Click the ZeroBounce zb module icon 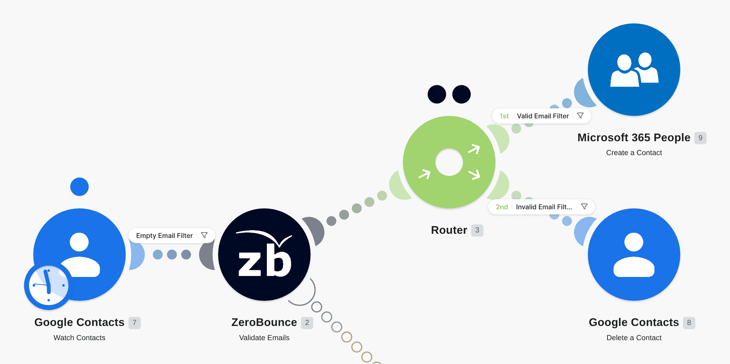264,254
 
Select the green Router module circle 449,162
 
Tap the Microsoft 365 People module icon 634,70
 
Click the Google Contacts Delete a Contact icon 634,254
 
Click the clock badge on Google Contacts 48,286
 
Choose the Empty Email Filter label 164,236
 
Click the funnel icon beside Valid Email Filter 580,116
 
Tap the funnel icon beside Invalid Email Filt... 584,207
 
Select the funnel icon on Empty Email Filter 204,235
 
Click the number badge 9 700,138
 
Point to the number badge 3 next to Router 477,230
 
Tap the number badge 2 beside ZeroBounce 307,323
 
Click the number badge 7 134,323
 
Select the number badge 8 689,323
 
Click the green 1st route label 504,116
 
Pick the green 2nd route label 502,207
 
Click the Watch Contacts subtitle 79,338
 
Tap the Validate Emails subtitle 264,338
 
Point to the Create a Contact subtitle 634,152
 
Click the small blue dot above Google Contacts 79,187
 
